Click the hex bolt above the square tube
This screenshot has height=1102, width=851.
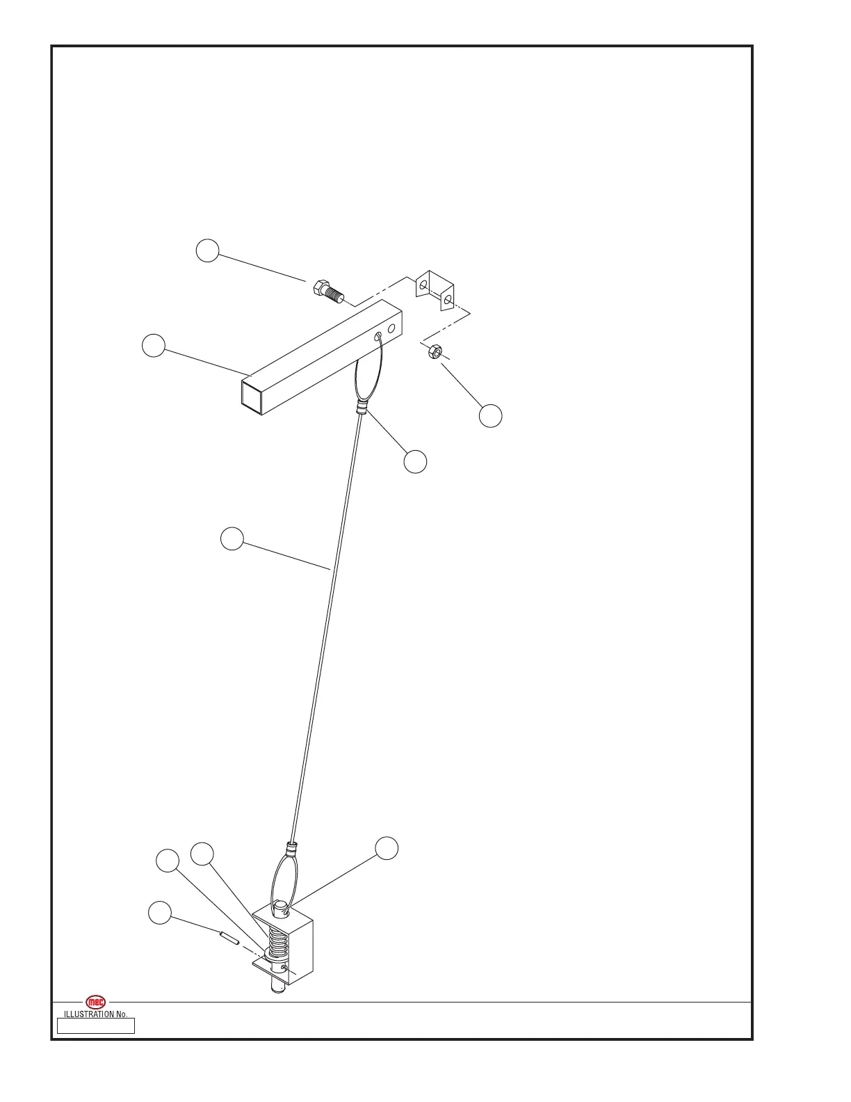pyautogui.click(x=329, y=291)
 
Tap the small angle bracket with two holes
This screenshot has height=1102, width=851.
pyautogui.click(x=435, y=290)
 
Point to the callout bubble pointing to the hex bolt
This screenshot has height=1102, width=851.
pyautogui.click(x=207, y=250)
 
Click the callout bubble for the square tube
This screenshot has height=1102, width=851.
pyautogui.click(x=154, y=345)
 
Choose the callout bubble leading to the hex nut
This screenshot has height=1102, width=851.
pyautogui.click(x=491, y=415)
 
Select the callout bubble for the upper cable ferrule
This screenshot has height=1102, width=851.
pyautogui.click(x=415, y=461)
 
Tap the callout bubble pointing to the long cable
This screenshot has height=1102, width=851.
pyautogui.click(x=232, y=538)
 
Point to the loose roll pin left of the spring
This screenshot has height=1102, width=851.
pyautogui.click(x=229, y=939)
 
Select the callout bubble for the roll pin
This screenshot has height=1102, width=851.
pyautogui.click(x=160, y=913)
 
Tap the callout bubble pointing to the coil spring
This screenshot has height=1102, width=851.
pyautogui.click(x=202, y=854)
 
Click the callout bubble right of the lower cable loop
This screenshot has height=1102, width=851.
pyautogui.click(x=387, y=847)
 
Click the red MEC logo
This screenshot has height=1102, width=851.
pyautogui.click(x=95, y=1003)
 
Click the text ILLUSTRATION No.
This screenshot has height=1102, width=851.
pyautogui.click(x=95, y=1014)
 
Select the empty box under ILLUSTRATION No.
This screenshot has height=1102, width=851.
pyautogui.click(x=95, y=1026)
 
